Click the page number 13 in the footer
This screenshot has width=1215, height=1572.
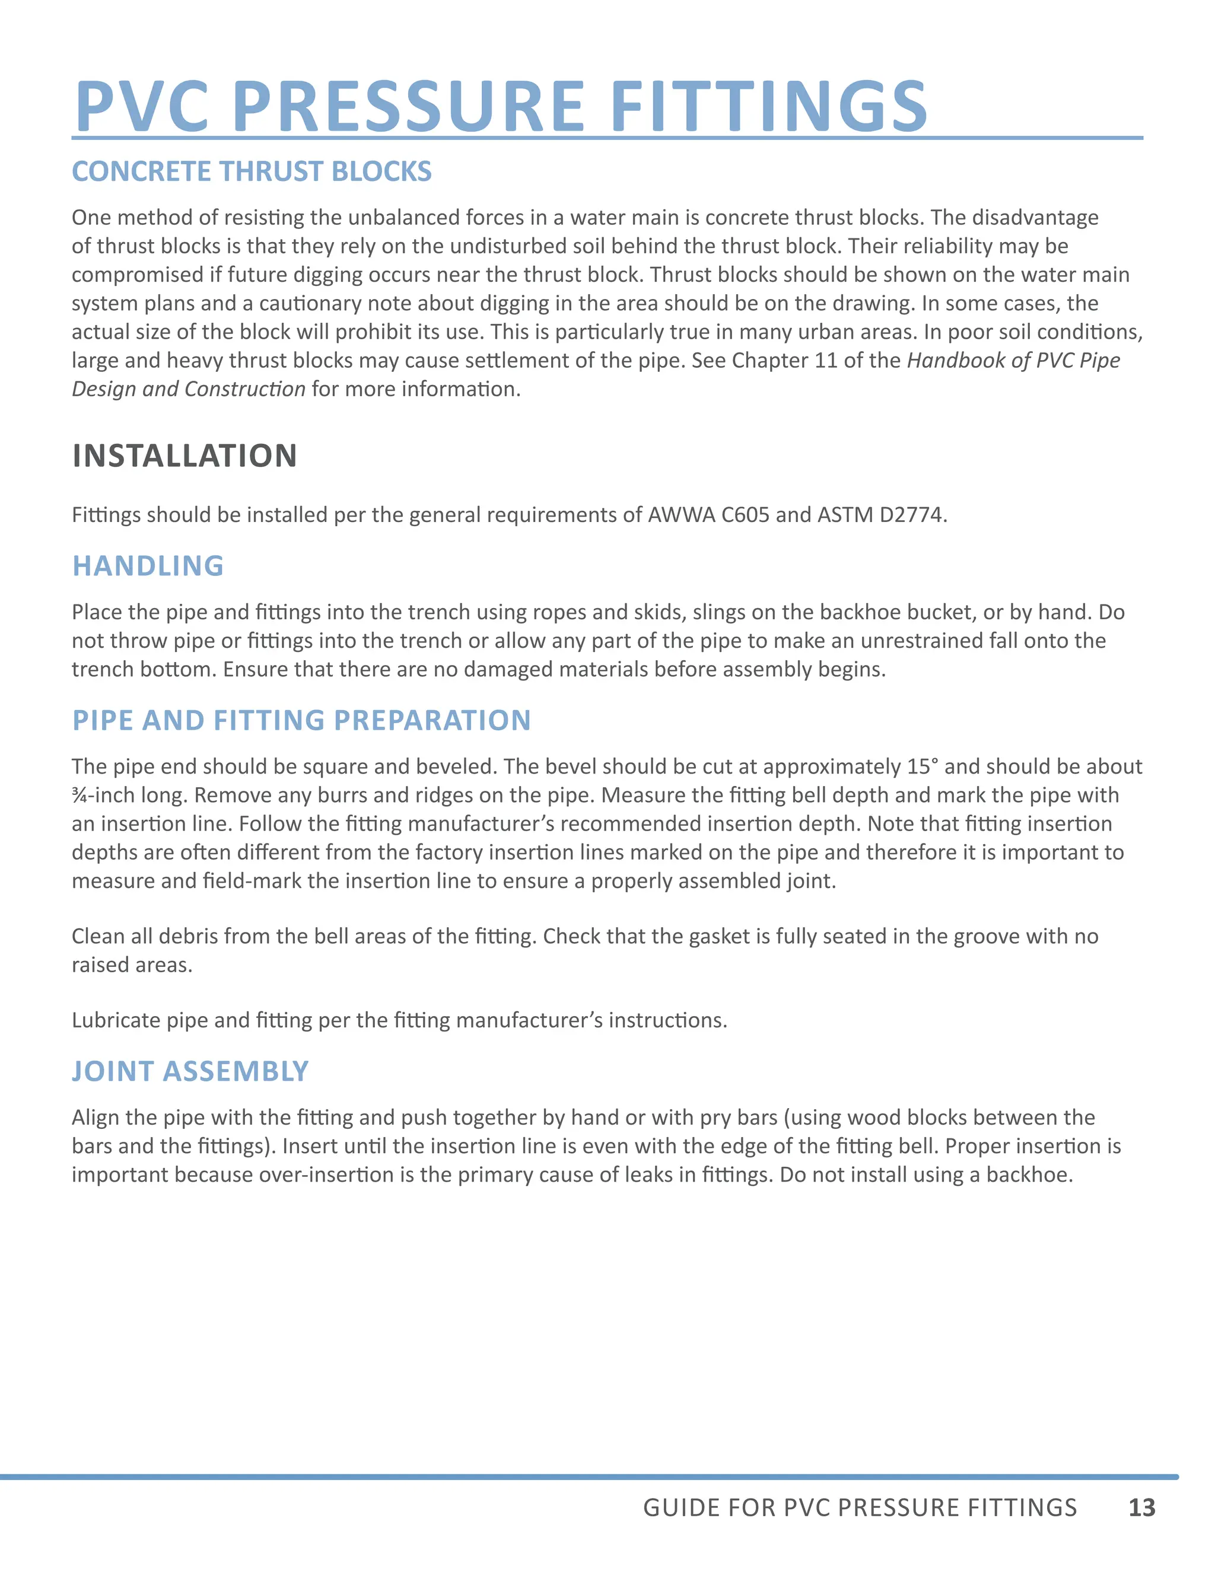[x=1141, y=1507]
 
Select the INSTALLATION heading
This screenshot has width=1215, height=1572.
[x=185, y=456]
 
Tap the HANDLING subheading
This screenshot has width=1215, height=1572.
[x=148, y=566]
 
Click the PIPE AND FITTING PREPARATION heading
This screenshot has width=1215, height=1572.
[x=301, y=721]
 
